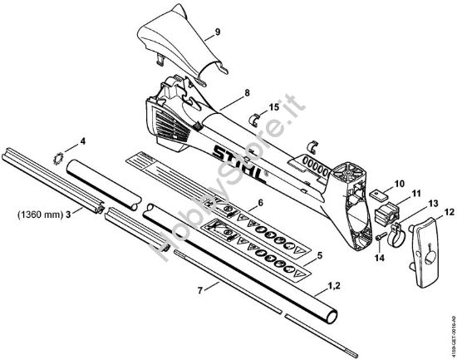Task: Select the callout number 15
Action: (x=275, y=107)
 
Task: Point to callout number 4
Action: (x=82, y=141)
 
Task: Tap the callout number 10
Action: (x=400, y=183)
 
